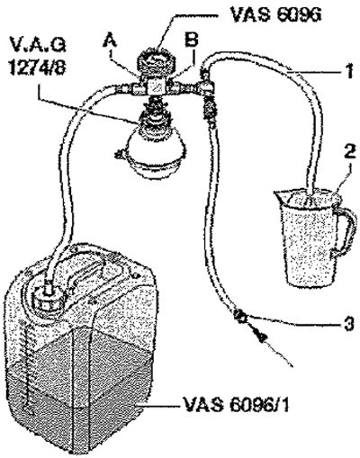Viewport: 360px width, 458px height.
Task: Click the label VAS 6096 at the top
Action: click(x=275, y=14)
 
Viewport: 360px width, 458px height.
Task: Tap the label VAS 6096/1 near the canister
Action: click(x=236, y=405)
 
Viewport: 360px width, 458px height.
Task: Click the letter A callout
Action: click(x=110, y=41)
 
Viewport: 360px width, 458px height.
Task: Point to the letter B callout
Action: click(x=192, y=40)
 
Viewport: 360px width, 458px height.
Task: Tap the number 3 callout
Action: click(x=348, y=324)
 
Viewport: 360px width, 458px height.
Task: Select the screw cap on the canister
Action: click(x=48, y=299)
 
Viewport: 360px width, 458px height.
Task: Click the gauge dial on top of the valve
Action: click(x=157, y=60)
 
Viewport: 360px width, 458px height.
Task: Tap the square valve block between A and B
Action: click(x=157, y=87)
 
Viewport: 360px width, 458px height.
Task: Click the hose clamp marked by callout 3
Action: click(x=240, y=316)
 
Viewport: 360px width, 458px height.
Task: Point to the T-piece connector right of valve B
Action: click(x=204, y=87)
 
